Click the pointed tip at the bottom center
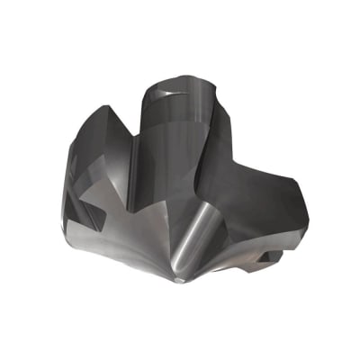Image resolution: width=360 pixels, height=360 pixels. click(179, 282)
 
